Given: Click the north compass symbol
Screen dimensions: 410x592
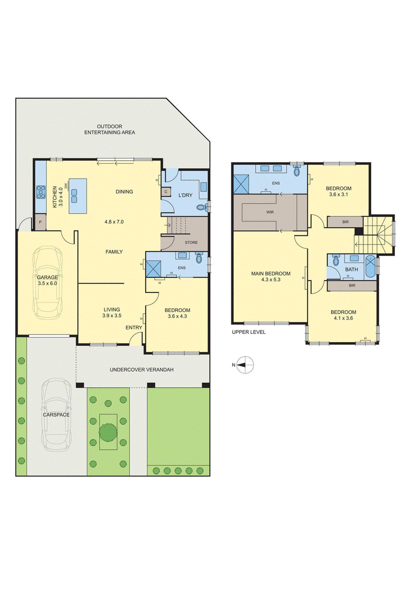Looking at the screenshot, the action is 245,365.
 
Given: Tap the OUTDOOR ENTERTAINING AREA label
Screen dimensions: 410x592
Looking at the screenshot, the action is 109,129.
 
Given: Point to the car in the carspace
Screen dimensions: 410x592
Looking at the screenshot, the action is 56,415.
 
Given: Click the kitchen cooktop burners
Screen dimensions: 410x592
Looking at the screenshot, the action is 41,192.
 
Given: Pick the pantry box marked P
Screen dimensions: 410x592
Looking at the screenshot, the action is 40,222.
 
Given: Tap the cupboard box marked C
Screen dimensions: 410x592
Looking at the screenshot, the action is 166,192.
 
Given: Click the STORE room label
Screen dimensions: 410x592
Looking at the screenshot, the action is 191,242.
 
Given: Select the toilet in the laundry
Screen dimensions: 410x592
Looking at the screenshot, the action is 203,207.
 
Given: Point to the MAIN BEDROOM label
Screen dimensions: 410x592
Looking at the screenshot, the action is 271,274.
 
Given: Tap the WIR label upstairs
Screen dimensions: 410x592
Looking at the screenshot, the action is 270,212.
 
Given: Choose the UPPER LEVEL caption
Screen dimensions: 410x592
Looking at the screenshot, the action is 249,332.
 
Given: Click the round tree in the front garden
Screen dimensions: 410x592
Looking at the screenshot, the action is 108,431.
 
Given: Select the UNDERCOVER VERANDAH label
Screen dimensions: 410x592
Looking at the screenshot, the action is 142,370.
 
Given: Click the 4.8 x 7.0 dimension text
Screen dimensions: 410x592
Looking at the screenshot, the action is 114,222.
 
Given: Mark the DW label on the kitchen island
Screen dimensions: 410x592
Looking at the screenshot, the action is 66,186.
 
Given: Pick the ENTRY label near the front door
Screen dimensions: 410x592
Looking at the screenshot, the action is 134,327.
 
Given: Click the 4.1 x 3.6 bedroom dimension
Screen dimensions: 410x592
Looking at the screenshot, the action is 343,318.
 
